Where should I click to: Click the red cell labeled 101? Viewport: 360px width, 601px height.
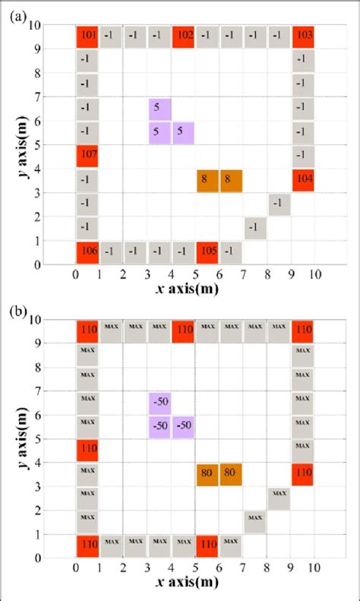[87, 36]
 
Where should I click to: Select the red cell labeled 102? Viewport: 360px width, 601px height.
[183, 36]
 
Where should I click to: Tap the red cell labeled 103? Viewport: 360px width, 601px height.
[303, 36]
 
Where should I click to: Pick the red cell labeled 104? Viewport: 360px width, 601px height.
[303, 180]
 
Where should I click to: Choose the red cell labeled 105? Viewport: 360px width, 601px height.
[207, 251]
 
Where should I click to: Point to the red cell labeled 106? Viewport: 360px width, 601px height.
[87, 251]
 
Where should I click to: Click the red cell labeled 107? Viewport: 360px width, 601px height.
[87, 157]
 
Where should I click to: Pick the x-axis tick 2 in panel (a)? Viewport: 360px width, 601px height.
[123, 274]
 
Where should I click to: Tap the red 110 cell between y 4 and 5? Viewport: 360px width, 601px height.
[87, 451]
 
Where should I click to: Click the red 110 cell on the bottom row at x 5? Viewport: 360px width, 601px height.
[207, 546]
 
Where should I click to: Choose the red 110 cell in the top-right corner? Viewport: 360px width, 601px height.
[303, 331]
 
